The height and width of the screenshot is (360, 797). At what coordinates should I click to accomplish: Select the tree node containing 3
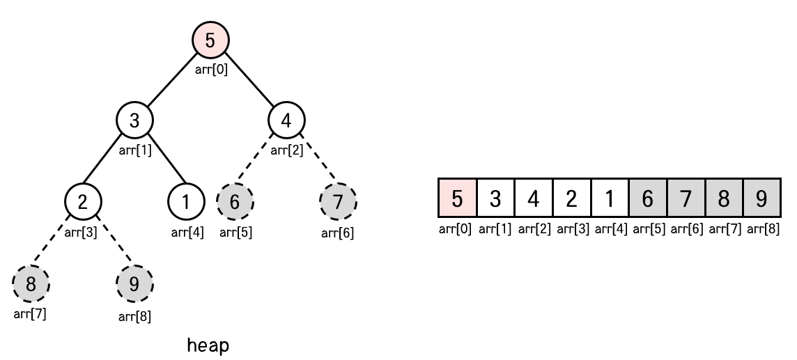tap(135, 120)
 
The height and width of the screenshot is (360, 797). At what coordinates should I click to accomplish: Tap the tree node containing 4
tap(286, 120)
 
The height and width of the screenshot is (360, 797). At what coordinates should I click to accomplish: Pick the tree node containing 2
tap(83, 202)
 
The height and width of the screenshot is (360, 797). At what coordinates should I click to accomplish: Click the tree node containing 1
tap(186, 202)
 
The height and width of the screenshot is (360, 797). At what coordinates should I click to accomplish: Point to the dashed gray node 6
tap(235, 202)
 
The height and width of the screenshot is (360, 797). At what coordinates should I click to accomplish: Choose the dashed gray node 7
tap(338, 202)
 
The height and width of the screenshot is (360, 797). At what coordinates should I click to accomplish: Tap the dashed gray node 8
tap(31, 284)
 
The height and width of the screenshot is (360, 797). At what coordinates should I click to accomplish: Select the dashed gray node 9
tap(134, 284)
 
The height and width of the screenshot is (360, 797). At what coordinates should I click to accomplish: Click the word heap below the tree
tap(208, 345)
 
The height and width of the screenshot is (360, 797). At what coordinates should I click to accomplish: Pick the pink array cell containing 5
tap(457, 198)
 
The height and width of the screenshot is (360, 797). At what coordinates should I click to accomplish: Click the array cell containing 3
tap(495, 198)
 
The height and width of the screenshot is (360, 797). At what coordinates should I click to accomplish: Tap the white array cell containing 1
tap(610, 198)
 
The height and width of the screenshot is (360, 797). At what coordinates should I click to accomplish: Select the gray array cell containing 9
tap(761, 198)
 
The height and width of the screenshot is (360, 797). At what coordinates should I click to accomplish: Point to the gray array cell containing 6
tap(647, 198)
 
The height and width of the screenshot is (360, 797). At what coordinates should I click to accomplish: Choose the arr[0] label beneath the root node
tap(210, 69)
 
